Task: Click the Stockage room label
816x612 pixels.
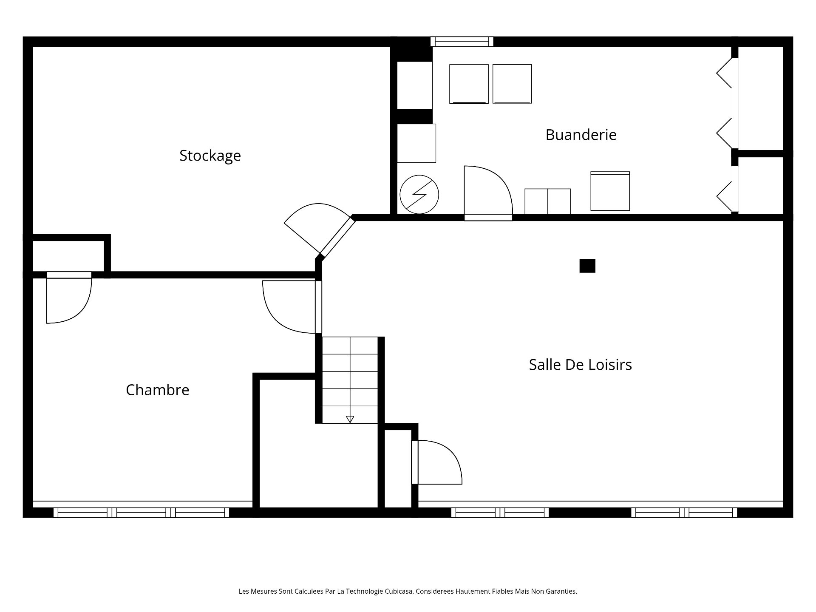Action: pos(210,156)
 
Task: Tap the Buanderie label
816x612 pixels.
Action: pos(581,135)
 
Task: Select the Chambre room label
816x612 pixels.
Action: pos(158,390)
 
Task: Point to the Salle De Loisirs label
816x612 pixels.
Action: pos(581,365)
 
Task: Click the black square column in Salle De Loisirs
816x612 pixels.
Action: pos(587,266)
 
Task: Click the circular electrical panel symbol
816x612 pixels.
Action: pos(419,195)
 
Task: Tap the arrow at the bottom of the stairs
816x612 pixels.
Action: pos(350,419)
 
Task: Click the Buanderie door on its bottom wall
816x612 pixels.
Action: pos(488,193)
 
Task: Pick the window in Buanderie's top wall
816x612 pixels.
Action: pos(462,42)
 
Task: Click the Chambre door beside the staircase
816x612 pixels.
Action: pos(292,307)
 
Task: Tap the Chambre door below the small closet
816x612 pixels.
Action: pos(69,297)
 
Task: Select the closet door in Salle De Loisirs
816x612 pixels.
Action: pos(436,462)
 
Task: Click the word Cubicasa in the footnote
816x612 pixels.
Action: pos(399,591)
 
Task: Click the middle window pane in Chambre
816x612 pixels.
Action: pos(142,513)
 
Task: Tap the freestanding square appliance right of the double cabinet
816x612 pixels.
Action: pos(610,191)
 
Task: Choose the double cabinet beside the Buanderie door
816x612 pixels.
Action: pos(548,201)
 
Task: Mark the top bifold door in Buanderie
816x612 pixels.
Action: pos(724,73)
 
